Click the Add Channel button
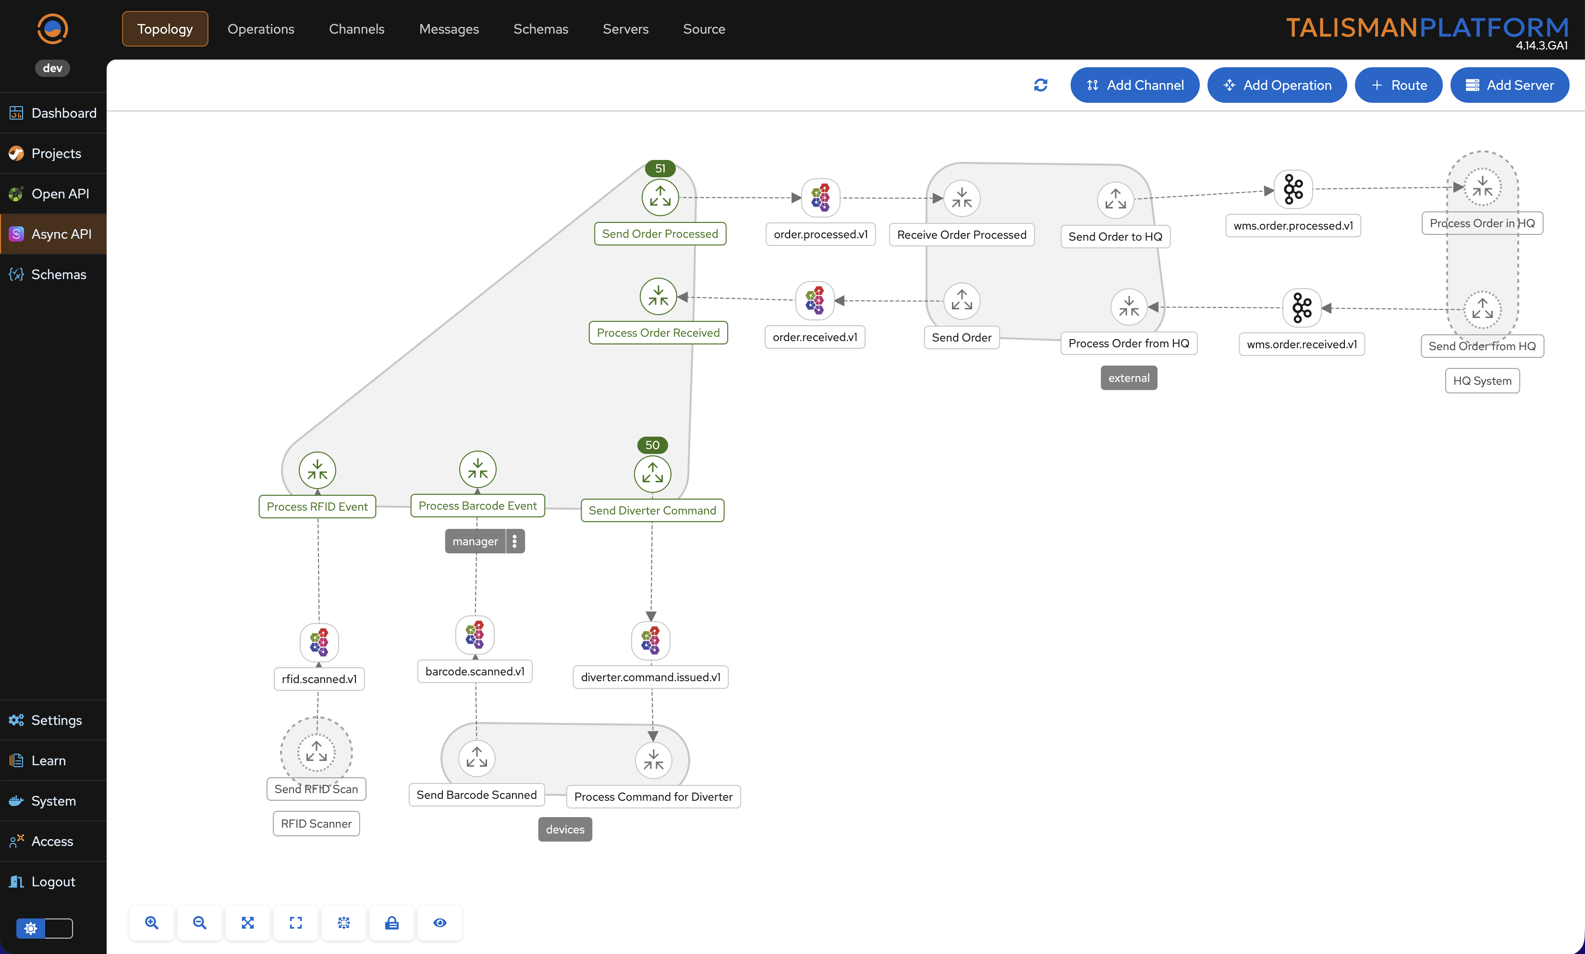coord(1134,85)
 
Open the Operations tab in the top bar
coord(260,29)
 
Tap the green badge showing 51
coord(660,169)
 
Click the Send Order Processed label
coord(660,234)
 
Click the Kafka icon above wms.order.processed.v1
coord(1293,189)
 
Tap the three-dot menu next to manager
coord(515,541)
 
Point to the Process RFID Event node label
coord(317,507)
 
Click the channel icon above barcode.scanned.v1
coord(475,635)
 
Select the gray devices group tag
coord(565,829)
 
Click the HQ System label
coord(1482,380)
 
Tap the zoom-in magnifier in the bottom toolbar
coord(152,922)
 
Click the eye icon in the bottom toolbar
coord(439,922)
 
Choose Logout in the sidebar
coord(53,881)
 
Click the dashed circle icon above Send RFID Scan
coord(316,751)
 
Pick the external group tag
coord(1129,378)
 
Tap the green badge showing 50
coord(652,445)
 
